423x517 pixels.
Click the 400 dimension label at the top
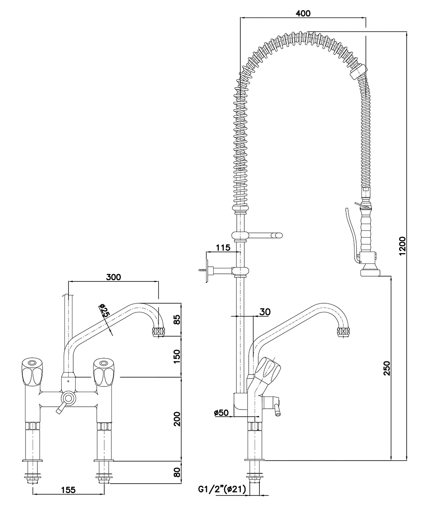(x=303, y=13)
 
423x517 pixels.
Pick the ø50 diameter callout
(x=221, y=413)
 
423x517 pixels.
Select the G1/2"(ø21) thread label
(x=222, y=489)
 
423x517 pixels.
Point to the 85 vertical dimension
(x=177, y=320)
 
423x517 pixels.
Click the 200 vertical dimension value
(x=177, y=418)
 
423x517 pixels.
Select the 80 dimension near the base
(x=177, y=472)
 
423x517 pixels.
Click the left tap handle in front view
(x=32, y=371)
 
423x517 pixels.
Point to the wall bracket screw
(x=201, y=271)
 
